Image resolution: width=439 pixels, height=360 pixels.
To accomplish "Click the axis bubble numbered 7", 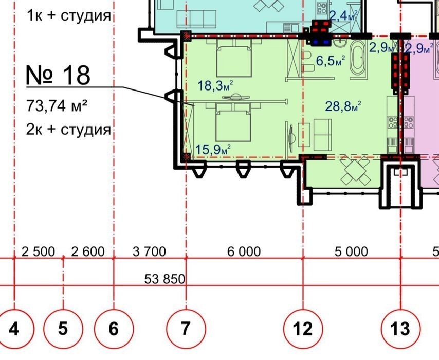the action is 186,329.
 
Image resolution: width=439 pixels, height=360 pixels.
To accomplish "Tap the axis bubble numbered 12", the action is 303,329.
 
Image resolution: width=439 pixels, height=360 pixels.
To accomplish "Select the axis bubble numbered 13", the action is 400,329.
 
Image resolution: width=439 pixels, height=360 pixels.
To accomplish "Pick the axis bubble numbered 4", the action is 14,329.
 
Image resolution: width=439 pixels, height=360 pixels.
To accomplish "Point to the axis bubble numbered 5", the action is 63,329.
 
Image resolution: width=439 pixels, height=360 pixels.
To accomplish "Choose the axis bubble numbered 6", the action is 114,329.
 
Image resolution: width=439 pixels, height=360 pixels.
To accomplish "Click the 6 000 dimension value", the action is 244,251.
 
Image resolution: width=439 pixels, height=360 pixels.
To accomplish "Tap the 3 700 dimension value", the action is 149,251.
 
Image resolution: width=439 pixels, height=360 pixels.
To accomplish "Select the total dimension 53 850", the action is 164,279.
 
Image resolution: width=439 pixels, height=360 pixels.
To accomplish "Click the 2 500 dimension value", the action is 38,251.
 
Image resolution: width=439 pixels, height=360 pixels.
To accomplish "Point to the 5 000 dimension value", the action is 352,251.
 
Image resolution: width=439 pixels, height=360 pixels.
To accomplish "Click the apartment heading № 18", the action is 58,75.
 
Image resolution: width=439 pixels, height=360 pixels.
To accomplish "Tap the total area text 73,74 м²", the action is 57,106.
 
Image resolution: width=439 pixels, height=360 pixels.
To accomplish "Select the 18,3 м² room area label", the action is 215,85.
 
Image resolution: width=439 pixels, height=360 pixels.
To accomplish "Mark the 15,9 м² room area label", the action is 213,149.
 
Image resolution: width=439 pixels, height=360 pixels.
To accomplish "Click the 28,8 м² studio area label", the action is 343,106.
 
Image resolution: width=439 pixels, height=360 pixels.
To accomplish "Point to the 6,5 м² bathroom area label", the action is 331,61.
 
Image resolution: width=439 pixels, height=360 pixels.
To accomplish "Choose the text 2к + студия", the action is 68,130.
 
